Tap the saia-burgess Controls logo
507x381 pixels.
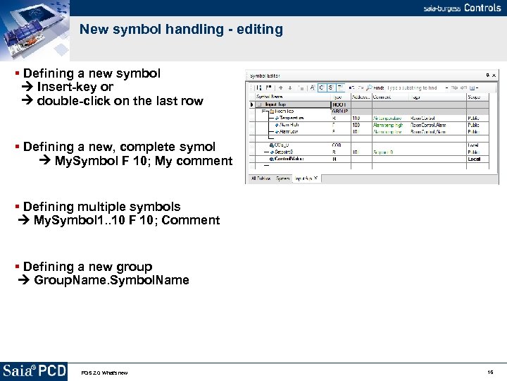pos(462,8)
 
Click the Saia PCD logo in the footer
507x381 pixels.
pos(34,371)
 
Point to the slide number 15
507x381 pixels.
pos(490,372)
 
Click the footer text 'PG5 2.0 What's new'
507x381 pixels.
pos(104,373)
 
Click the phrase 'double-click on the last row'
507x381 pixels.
pos(120,101)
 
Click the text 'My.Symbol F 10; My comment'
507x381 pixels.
pos(143,161)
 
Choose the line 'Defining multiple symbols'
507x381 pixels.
pos(101,207)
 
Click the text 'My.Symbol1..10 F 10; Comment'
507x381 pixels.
pos(127,220)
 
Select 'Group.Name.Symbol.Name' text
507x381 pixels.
pos(111,280)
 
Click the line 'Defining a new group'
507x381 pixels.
pos(87,267)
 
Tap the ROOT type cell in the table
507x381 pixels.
pos(339,104)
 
